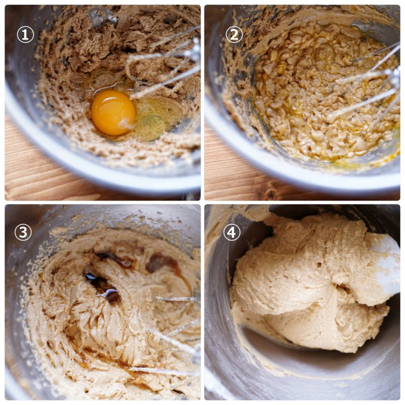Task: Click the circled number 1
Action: coord(25,35)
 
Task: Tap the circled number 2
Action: coord(234,34)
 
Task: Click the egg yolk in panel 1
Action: coord(113,112)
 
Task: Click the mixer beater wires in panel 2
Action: coord(367,85)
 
